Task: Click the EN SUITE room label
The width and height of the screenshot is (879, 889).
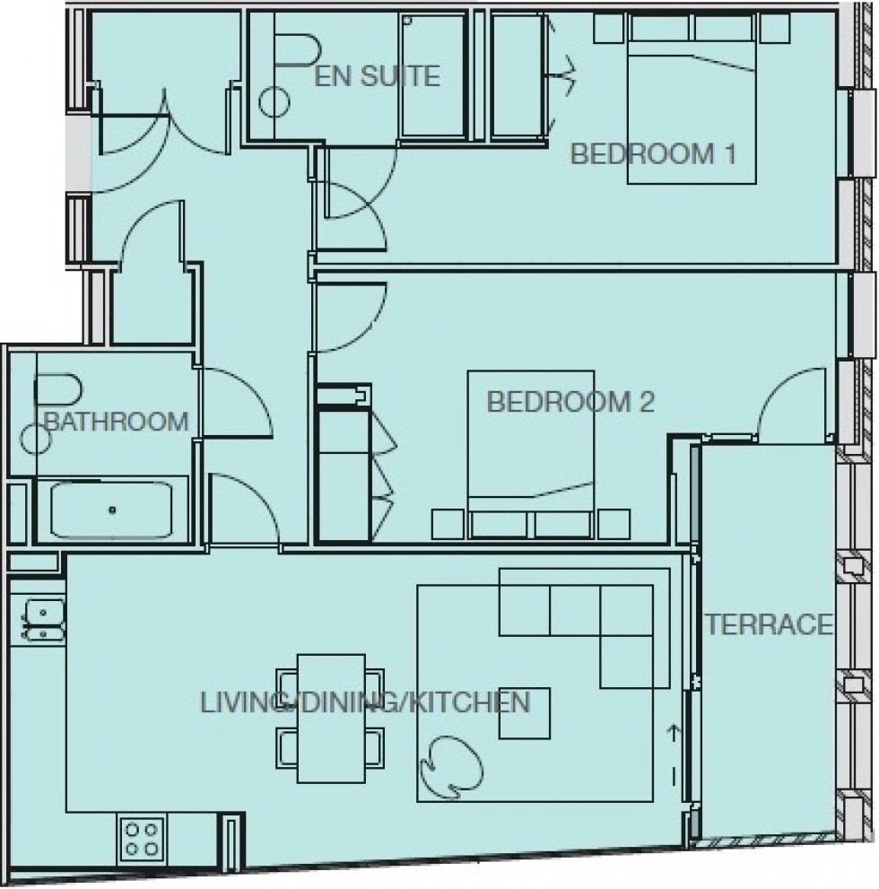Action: point(377,76)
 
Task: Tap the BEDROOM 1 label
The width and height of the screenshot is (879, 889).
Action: point(653,154)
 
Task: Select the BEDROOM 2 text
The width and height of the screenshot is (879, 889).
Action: point(570,402)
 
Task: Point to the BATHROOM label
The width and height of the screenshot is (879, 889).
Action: point(117,421)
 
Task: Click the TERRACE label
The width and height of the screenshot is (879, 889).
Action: point(769,623)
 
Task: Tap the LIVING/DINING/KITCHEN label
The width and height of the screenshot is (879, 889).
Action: point(365,702)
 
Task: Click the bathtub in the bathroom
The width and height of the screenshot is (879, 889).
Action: point(112,509)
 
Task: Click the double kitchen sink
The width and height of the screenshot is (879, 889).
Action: point(39,620)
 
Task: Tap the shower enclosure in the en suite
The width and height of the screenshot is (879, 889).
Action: point(432,76)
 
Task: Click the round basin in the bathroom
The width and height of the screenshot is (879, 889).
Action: point(37,440)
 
